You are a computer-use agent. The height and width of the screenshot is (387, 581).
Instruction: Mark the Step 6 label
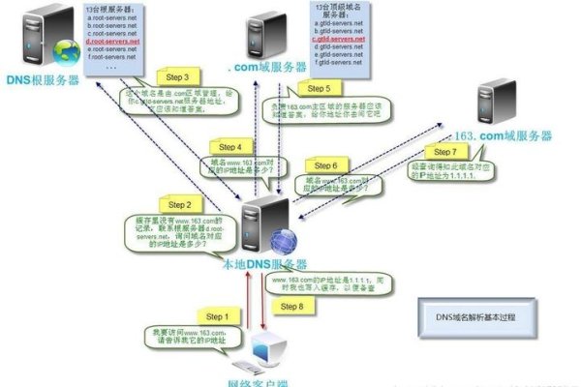click(x=327, y=165)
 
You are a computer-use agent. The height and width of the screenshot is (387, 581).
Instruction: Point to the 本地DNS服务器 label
click(x=264, y=263)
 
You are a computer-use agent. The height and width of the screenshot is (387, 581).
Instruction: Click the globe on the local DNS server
click(x=283, y=239)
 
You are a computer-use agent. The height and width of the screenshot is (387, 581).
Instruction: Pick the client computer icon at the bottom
click(x=264, y=354)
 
